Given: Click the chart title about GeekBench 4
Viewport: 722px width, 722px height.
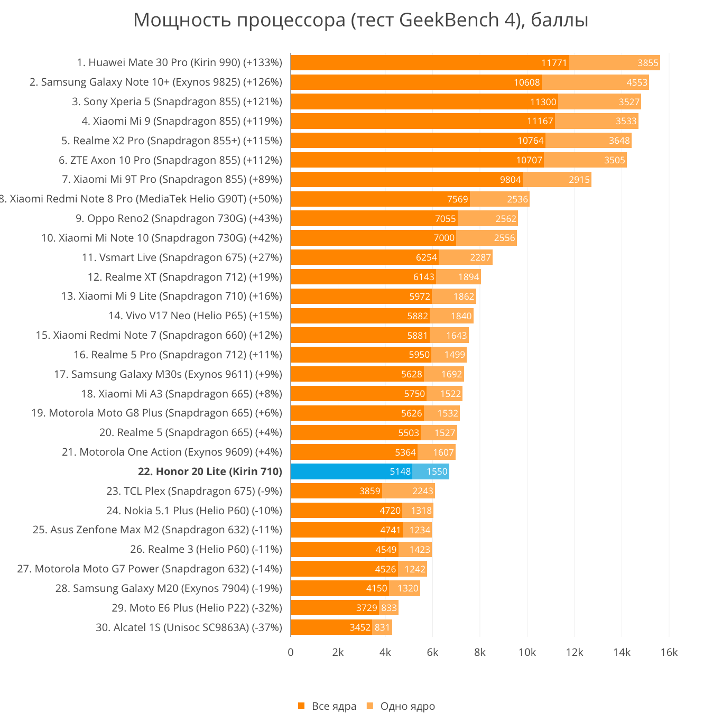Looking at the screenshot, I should point(360,20).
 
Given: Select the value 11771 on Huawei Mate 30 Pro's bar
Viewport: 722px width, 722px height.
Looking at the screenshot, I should point(554,63).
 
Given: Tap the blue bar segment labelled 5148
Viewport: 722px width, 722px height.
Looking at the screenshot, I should point(351,471).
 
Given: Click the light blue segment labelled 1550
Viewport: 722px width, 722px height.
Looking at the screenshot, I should point(431,471).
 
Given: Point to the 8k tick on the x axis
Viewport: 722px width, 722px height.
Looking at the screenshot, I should point(479,652).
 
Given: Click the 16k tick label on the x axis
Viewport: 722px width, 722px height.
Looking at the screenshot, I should point(669,652).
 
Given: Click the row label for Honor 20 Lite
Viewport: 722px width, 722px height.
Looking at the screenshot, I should point(210,471).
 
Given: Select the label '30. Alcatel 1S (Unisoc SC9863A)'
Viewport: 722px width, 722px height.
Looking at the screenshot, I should point(189,627).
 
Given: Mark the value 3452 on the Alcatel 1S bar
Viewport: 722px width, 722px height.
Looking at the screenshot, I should point(360,627).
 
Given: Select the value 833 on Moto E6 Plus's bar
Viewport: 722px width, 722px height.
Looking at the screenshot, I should point(389,608).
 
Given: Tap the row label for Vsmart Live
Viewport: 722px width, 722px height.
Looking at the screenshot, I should point(182,257).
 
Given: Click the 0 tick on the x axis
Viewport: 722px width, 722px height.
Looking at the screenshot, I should point(291,652).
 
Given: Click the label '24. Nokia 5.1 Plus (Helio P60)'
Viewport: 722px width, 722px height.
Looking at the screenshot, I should point(194,511).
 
